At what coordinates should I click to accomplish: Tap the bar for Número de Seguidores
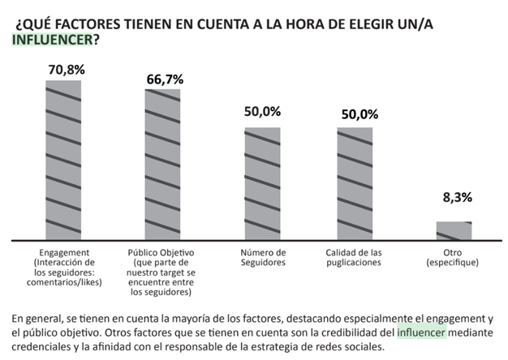click(x=262, y=184)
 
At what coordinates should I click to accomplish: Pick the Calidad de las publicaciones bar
click(x=355, y=184)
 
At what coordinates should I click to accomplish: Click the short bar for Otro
click(x=454, y=231)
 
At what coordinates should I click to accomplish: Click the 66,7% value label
click(x=164, y=79)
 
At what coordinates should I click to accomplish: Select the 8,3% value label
click(x=454, y=197)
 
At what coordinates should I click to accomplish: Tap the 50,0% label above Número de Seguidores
click(x=262, y=113)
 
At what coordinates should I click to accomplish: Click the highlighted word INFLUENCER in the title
click(x=50, y=38)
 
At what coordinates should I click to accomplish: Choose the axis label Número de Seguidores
click(x=262, y=258)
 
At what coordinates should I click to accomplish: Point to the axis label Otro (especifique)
click(x=454, y=258)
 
